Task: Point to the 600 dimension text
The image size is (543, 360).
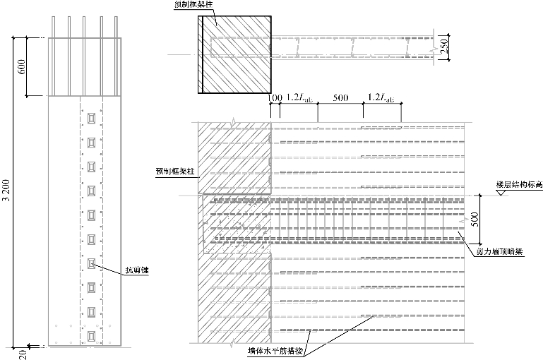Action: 21,67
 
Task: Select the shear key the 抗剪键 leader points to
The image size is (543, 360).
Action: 90,263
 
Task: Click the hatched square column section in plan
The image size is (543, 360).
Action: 234,54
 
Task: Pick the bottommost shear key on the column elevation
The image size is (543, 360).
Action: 90,335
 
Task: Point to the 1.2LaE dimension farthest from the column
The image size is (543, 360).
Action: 381,96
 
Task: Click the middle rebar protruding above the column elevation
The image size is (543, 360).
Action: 85,25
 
